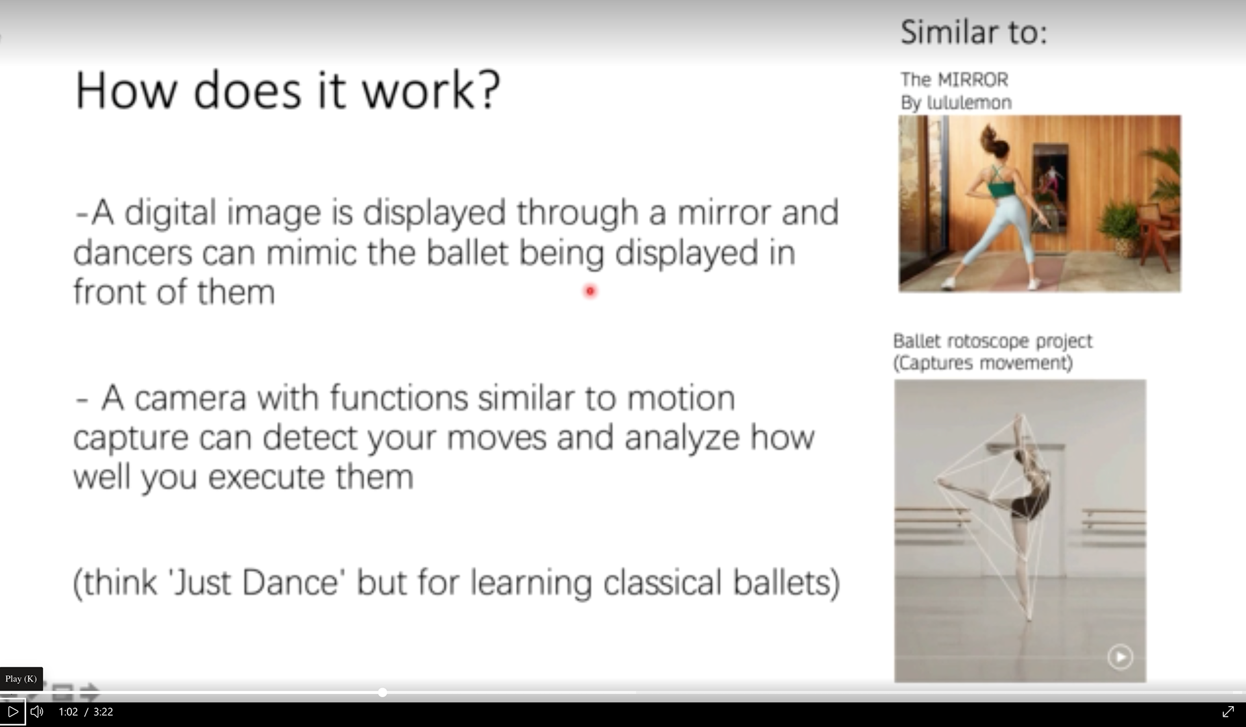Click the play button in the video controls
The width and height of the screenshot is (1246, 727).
[13, 711]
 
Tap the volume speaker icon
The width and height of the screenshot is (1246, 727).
[37, 711]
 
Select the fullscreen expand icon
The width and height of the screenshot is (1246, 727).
[1228, 711]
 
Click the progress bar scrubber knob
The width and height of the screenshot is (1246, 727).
[383, 693]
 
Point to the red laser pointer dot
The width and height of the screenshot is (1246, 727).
[590, 291]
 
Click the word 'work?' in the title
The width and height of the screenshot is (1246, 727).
[431, 90]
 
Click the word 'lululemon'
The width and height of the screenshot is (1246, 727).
[970, 103]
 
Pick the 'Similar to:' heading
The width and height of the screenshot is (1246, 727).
[974, 32]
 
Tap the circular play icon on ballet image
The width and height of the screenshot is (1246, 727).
[1120, 657]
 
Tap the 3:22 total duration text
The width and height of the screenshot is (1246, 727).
[103, 711]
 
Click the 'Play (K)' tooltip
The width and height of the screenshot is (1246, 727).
[21, 678]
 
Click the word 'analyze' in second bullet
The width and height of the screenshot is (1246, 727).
[682, 439]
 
